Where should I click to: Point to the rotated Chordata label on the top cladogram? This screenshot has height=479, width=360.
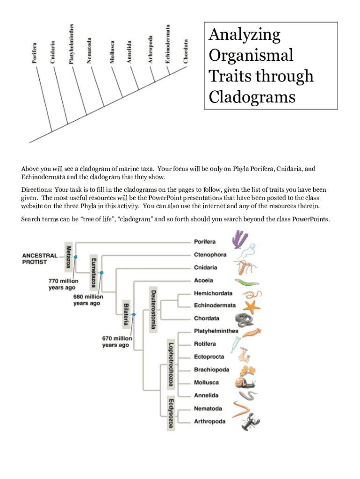tap(186, 51)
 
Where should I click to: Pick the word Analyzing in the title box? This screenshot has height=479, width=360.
tap(245, 35)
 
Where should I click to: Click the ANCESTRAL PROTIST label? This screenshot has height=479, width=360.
tap(40, 259)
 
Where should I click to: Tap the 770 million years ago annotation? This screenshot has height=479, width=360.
tap(64, 284)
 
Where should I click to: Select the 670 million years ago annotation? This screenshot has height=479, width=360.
tap(117, 341)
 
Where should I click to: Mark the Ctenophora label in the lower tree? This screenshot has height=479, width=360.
tap(210, 254)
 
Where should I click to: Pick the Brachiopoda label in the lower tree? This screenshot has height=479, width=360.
tap(211, 370)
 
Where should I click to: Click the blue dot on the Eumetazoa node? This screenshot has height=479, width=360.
tap(101, 272)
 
